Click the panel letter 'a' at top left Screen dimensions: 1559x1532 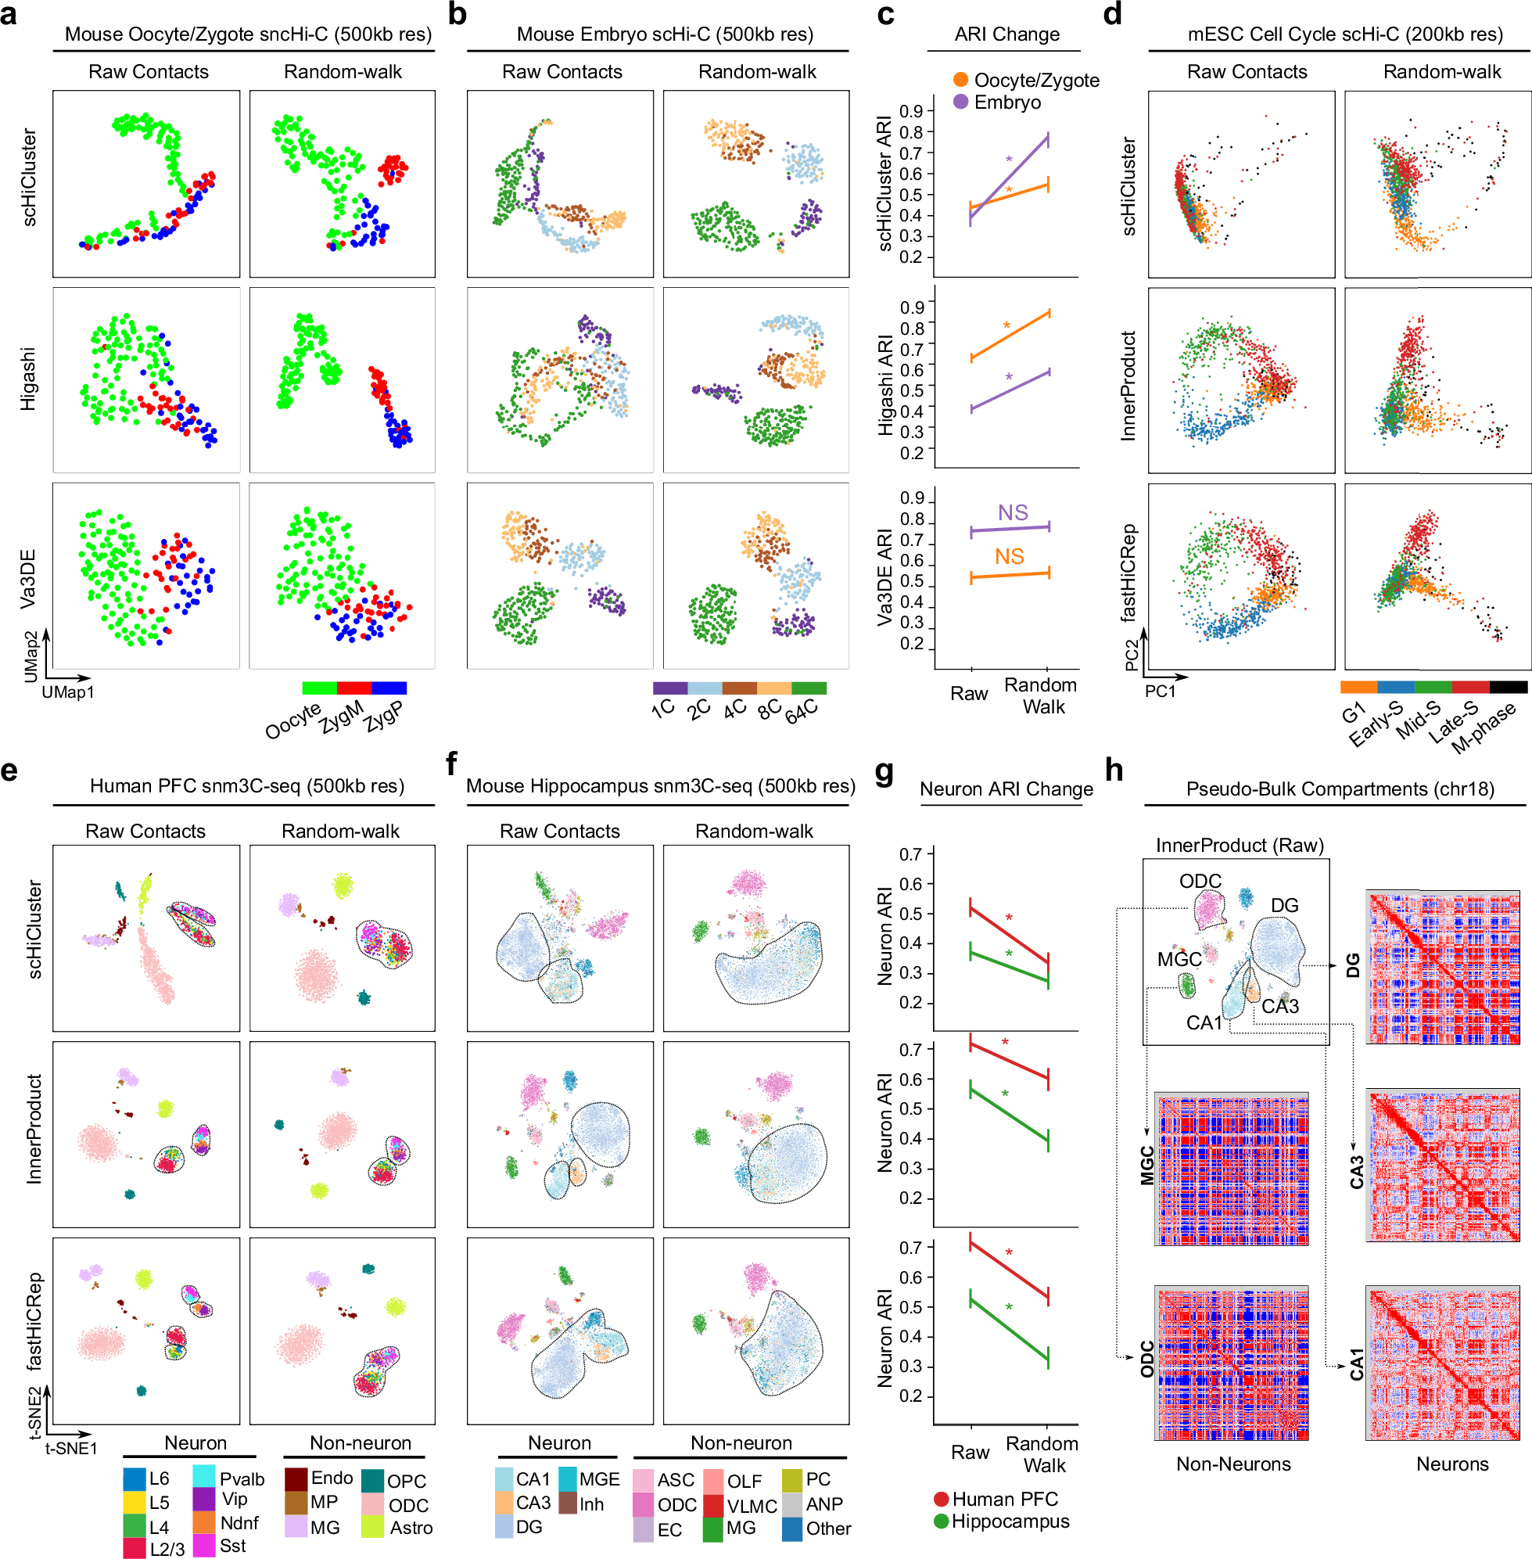9,15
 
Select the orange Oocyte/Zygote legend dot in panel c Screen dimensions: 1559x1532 960,80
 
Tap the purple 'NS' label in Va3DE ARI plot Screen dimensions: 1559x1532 1012,512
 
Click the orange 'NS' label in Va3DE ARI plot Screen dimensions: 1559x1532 1009,556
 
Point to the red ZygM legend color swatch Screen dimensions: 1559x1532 354,688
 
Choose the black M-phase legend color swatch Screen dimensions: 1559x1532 1508,688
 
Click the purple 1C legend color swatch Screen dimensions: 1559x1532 669,688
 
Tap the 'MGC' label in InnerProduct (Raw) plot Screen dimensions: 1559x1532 1179,959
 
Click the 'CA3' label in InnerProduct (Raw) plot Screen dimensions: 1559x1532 1279,1006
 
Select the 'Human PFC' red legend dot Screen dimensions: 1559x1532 941,1500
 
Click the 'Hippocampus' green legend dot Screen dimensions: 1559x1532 941,1521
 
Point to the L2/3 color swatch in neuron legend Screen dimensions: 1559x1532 135,1548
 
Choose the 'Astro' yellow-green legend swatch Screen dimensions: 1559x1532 372,1527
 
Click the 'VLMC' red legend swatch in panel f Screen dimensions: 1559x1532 713,1506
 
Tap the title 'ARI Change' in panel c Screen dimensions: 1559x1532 1006,34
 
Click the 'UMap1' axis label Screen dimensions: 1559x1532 68,692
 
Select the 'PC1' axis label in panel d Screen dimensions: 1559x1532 1160,691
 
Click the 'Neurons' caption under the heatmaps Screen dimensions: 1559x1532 1451,1464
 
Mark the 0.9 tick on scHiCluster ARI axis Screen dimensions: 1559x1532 911,111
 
